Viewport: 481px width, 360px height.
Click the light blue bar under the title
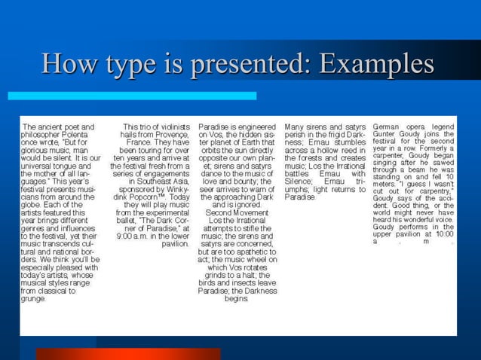131,96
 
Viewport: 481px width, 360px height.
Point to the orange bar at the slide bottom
128,353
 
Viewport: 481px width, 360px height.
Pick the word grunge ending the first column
34,299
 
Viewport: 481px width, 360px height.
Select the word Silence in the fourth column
299,181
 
